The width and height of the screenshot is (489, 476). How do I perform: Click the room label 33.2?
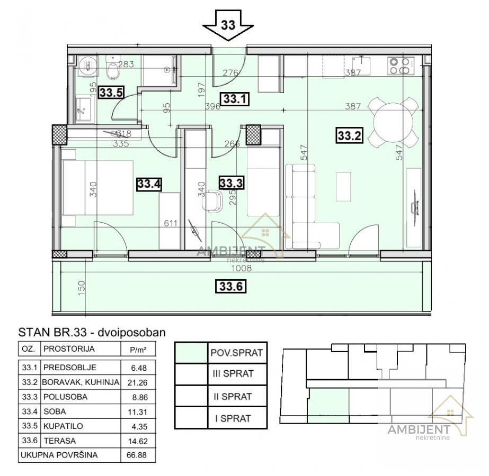coord(349,135)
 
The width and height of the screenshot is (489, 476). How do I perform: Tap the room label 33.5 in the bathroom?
coord(111,93)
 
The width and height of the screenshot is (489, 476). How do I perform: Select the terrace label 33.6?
coord(231,286)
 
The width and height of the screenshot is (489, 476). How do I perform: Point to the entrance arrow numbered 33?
coord(228,25)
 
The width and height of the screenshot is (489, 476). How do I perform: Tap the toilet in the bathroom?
coord(112,68)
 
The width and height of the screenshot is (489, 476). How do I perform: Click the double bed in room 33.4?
coord(97,187)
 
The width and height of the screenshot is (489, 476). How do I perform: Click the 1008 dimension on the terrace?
coord(242,268)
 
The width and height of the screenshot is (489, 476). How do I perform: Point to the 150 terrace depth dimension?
coord(81,288)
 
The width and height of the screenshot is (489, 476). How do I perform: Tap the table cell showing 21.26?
coord(138,382)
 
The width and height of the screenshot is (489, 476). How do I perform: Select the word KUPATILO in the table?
coord(63,426)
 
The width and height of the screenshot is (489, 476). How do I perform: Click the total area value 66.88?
coord(137,455)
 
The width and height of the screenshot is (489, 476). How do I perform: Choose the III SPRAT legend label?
coord(233,373)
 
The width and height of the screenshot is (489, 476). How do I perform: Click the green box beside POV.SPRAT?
coord(191,352)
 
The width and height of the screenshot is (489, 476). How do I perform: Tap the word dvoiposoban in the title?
coord(131,333)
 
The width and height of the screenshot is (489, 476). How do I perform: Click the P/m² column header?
coord(138,350)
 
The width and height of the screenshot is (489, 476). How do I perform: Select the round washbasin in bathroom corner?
coord(87,66)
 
